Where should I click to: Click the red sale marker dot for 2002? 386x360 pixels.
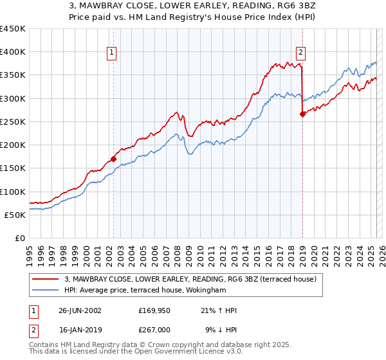pyautogui.click(x=113, y=159)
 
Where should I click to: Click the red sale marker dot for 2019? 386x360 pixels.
pyautogui.click(x=302, y=114)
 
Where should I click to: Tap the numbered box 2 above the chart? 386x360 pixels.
pyautogui.click(x=301, y=53)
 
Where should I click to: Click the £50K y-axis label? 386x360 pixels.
pyautogui.click(x=15, y=215)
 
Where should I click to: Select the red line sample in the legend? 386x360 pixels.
pyautogui.click(x=45, y=280)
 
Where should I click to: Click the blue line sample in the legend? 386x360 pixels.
pyautogui.click(x=45, y=290)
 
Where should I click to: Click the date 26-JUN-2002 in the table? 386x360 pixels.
pyautogui.click(x=80, y=310)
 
